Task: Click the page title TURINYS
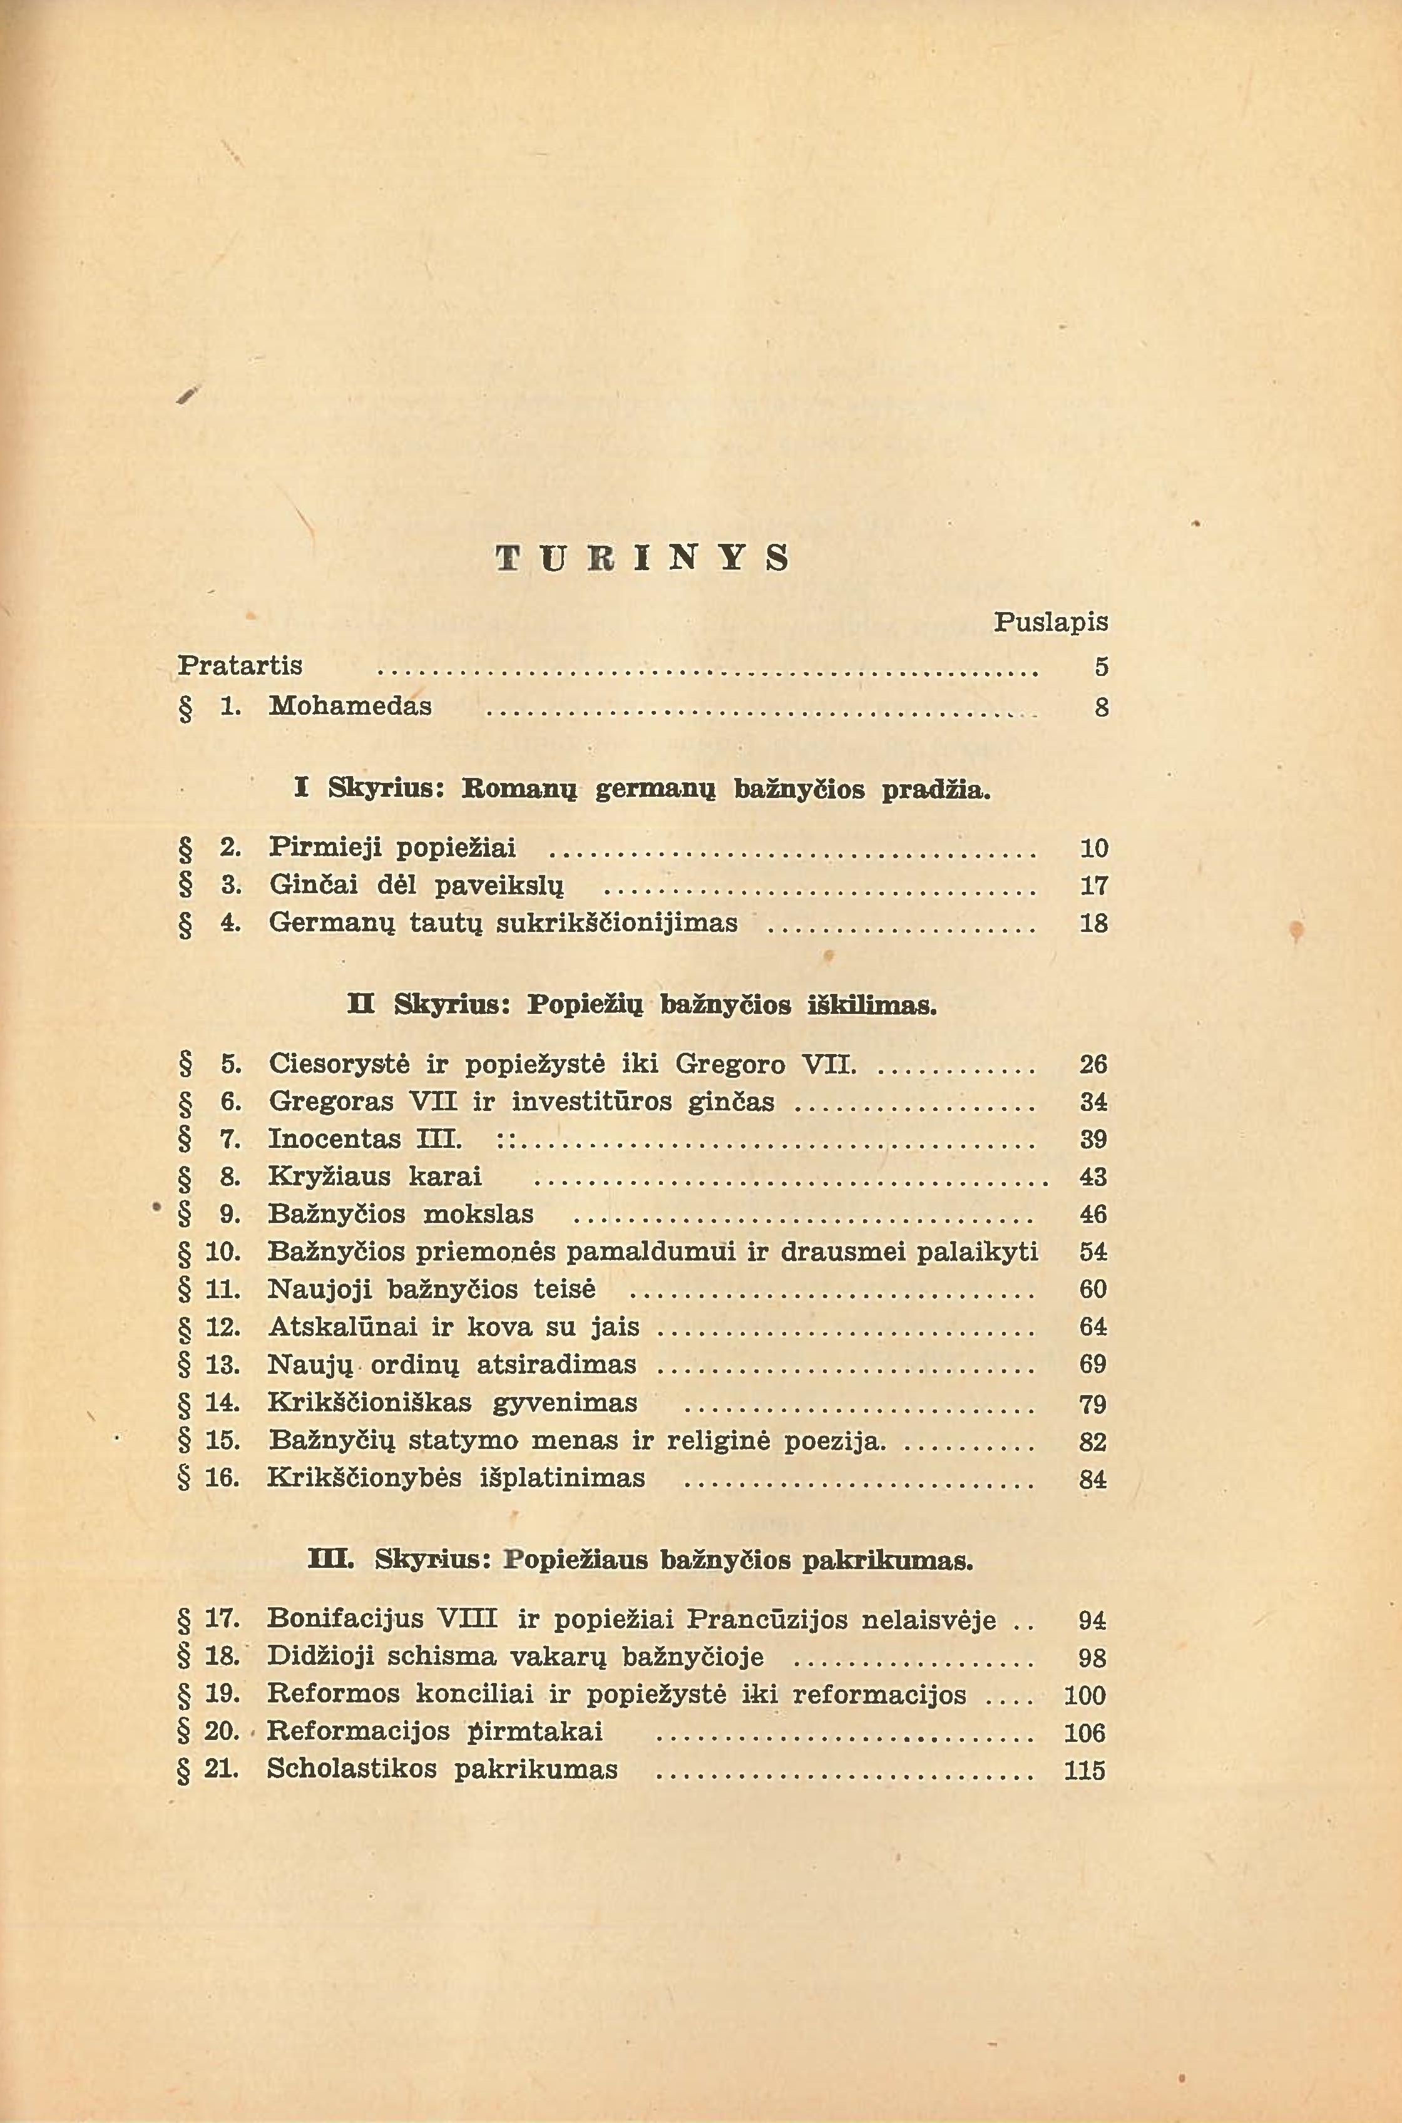tap(643, 559)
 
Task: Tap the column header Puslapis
tap(1051, 622)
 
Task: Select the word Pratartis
tap(240, 666)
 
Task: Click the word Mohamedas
tap(350, 706)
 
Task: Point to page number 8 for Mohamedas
tap(1101, 708)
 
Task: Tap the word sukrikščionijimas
tap(617, 923)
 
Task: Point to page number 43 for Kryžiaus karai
tap(1093, 1177)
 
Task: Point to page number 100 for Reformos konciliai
tap(1085, 1696)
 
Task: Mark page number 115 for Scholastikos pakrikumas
tap(1085, 1771)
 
